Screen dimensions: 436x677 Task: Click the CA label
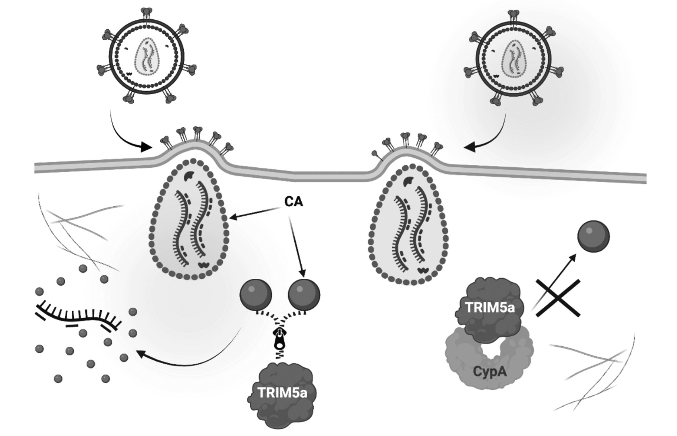pos(294,202)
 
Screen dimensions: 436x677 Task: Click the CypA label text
pos(490,372)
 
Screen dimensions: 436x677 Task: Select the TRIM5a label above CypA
pos(489,307)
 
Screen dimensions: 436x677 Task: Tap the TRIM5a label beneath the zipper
pos(282,392)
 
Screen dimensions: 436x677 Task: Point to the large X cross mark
pos(558,298)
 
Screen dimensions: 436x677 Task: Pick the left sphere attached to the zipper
pos(256,294)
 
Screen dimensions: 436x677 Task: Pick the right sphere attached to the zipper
pos(304,294)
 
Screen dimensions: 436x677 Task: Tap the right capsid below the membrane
pos(408,223)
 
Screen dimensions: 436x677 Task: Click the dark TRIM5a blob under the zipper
pos(282,396)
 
